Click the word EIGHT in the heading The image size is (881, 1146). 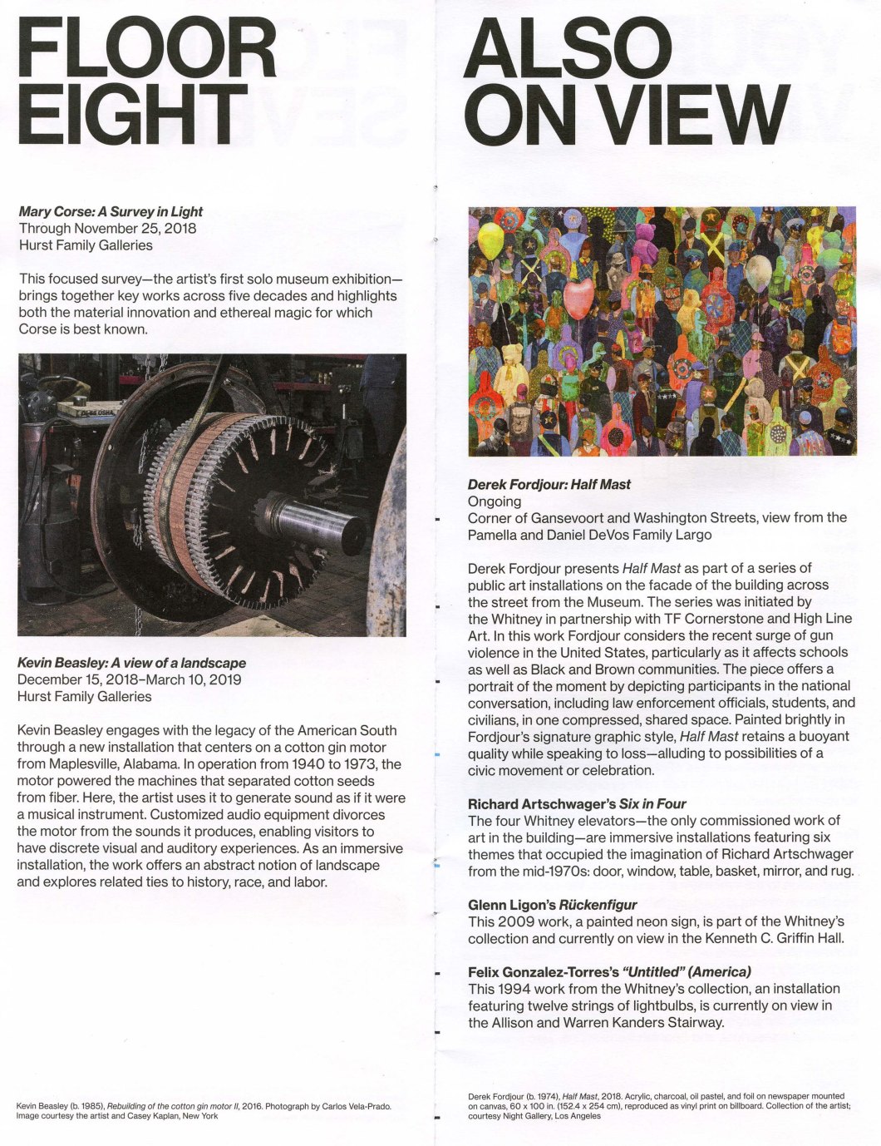click(x=131, y=113)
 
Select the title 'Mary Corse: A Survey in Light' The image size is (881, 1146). click(x=111, y=212)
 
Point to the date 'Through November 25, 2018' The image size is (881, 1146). click(x=107, y=229)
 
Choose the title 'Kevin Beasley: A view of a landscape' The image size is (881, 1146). click(x=131, y=663)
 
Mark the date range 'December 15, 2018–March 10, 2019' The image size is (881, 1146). click(x=129, y=679)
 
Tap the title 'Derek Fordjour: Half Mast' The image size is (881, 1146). click(x=549, y=484)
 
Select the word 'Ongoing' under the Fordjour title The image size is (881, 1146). click(x=495, y=501)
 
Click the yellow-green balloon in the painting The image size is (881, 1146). click(x=490, y=239)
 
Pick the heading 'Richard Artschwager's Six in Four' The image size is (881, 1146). click(x=577, y=803)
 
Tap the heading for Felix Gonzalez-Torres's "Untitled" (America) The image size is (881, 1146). click(x=609, y=971)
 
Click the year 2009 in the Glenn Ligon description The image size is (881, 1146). click(x=514, y=921)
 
